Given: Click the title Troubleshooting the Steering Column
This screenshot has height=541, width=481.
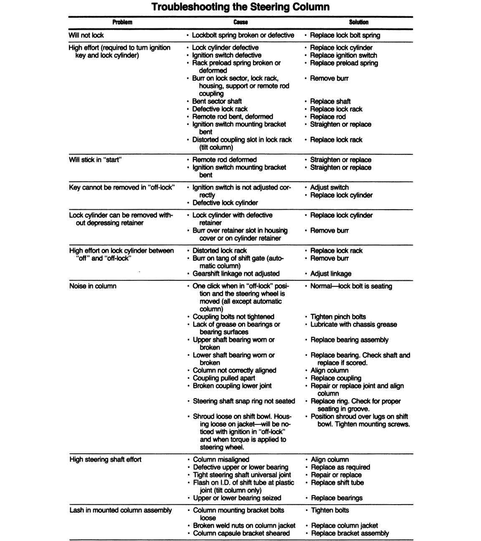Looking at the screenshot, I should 240,7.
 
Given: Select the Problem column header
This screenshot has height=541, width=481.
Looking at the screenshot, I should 122,22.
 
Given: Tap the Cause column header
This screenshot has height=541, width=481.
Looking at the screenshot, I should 240,22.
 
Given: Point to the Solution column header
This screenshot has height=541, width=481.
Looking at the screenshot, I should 359,22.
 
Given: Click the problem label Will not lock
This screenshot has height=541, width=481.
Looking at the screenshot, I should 86,36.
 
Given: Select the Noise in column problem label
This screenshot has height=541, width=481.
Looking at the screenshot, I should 93,286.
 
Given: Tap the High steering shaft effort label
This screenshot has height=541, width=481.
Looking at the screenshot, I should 105,460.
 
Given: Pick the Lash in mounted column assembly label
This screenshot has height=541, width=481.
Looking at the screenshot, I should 121,510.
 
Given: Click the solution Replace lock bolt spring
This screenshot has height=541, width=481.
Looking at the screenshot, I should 345,36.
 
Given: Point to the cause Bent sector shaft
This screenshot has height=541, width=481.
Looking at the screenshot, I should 217,101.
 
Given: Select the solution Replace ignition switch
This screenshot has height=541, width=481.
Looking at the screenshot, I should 343,55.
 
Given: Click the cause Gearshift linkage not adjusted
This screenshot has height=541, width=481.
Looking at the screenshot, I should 236,274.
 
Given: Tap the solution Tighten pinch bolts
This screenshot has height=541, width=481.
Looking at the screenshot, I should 338,317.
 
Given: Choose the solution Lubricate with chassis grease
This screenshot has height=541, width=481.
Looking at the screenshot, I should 354,324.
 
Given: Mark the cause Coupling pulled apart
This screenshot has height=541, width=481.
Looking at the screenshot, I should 224,378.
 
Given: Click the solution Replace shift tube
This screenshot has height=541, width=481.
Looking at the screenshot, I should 337,483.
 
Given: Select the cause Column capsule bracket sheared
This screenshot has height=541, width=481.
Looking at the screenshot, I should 241,533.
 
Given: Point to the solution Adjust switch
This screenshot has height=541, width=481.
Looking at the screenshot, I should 329,187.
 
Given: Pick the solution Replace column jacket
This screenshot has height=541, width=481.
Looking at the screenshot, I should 344,526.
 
